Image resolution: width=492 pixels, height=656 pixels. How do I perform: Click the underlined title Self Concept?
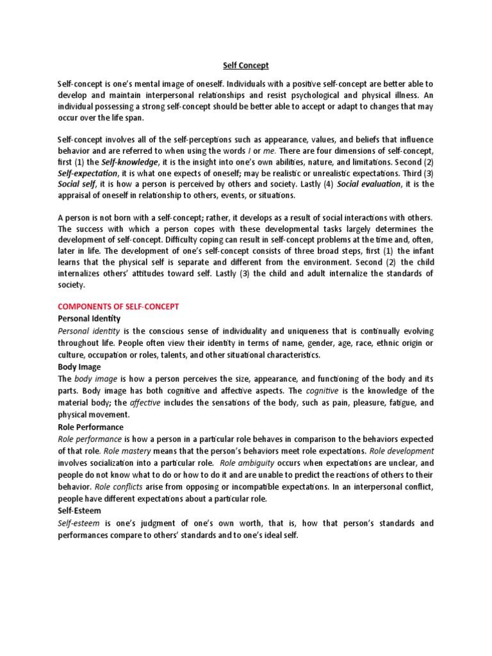245,65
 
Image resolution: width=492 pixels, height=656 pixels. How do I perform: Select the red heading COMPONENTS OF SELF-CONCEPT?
119,307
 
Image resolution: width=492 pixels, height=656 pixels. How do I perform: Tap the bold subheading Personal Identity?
89,318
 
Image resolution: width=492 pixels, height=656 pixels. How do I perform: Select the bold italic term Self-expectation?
88,173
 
